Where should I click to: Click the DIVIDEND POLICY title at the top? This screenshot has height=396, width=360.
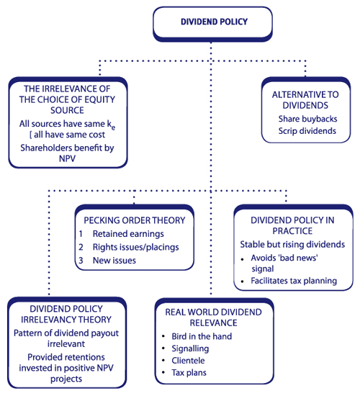coord(214,22)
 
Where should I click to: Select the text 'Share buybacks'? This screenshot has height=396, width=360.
coord(307,119)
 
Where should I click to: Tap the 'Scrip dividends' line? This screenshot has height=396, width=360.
coord(307,131)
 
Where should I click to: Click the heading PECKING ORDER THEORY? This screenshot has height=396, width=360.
coord(135,220)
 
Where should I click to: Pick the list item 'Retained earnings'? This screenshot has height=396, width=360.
coord(128,234)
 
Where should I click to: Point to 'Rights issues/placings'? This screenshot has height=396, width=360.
coord(136,247)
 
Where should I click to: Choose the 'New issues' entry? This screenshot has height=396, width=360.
coord(114,261)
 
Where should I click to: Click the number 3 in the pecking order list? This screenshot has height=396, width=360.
coord(81,261)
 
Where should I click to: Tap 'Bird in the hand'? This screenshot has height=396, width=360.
coord(202,336)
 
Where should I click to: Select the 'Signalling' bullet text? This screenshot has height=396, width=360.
coord(190,348)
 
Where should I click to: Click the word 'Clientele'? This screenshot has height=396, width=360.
coord(188,361)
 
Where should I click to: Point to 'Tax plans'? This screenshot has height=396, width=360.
coord(189,373)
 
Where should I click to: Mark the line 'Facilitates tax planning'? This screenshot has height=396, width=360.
coord(294,281)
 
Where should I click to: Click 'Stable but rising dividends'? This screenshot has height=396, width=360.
coord(292,245)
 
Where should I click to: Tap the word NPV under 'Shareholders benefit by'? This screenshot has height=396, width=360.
coord(67,158)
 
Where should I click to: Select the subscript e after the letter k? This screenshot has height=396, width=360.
coord(113,127)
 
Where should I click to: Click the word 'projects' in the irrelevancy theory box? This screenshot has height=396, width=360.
coord(66,379)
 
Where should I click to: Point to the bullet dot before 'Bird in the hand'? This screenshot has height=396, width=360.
coord(163,336)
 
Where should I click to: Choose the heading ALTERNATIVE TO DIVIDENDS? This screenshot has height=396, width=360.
coord(305,100)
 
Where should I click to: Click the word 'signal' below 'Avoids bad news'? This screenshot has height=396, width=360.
coord(263,269)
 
